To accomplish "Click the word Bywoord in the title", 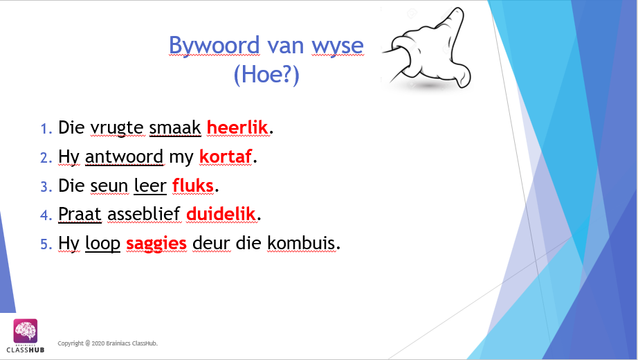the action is coord(214,45).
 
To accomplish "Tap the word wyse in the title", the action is coord(338,46).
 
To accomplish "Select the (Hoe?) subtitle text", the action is coord(266,74).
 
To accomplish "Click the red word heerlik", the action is coord(237,127).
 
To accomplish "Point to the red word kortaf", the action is coord(226,156).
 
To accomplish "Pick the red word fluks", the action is coord(193,186).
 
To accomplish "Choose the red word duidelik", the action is coord(221,214).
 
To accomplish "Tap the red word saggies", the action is coord(156,244).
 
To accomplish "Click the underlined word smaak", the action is coord(175,127).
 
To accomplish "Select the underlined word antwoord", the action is coord(124,156).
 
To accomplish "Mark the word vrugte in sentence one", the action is coord(117,128).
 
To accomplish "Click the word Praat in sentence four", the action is coord(80,214).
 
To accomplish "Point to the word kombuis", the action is coord(302,243).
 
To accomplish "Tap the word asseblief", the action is coord(144,214).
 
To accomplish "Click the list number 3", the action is coord(46,186).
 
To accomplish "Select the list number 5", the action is coord(46,244).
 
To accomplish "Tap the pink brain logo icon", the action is coord(25,331).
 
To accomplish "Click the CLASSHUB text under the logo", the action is coord(25,350).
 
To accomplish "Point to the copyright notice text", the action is coord(107,343).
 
